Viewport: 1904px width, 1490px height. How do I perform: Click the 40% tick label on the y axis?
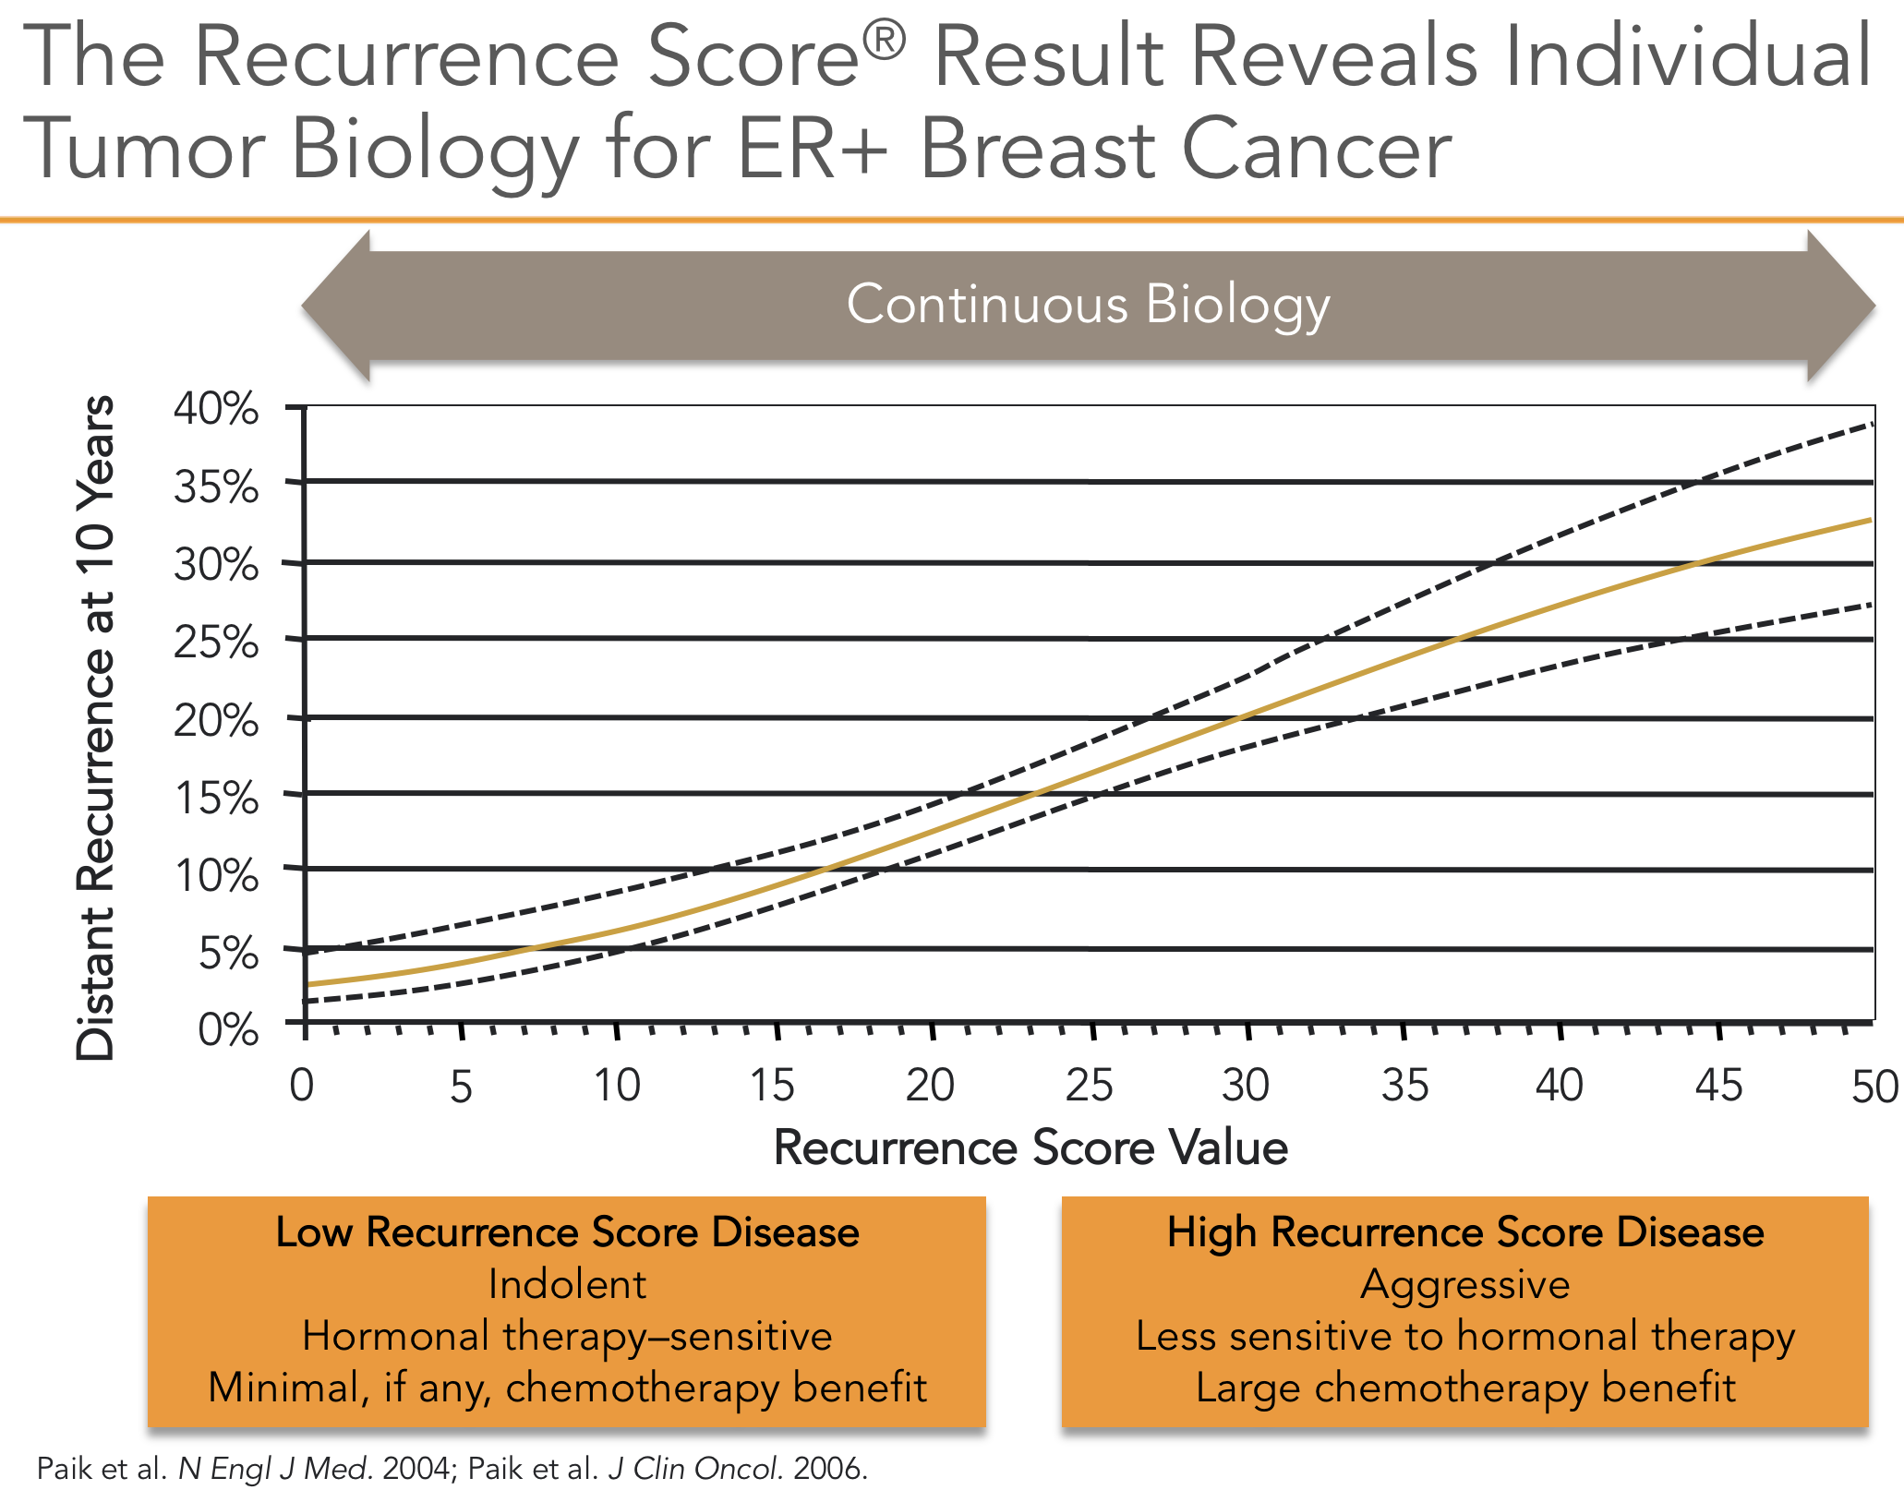pos(216,408)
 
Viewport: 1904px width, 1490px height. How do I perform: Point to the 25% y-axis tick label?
pos(216,643)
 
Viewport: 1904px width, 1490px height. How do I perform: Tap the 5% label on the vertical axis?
pos(228,953)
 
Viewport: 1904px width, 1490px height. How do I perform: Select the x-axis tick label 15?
pos(772,1086)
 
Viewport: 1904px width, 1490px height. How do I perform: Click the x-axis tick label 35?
pos(1404,1086)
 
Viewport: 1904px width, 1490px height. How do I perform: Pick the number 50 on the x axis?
pos(1874,1087)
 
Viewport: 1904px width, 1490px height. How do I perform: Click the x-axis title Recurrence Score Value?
pos(1030,1148)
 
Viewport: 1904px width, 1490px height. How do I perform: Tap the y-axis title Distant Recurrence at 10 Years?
pos(96,727)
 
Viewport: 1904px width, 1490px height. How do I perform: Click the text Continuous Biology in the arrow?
pos(1088,305)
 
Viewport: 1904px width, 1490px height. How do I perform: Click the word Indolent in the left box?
pos(567,1284)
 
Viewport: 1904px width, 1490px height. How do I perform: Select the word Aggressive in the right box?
pos(1465,1284)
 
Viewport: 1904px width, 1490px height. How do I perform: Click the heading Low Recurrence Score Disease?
pos(567,1232)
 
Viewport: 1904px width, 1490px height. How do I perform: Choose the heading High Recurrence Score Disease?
pos(1465,1232)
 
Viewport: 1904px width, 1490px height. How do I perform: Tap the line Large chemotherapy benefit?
pos(1465,1388)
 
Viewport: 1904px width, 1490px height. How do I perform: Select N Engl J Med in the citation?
pos(275,1468)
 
